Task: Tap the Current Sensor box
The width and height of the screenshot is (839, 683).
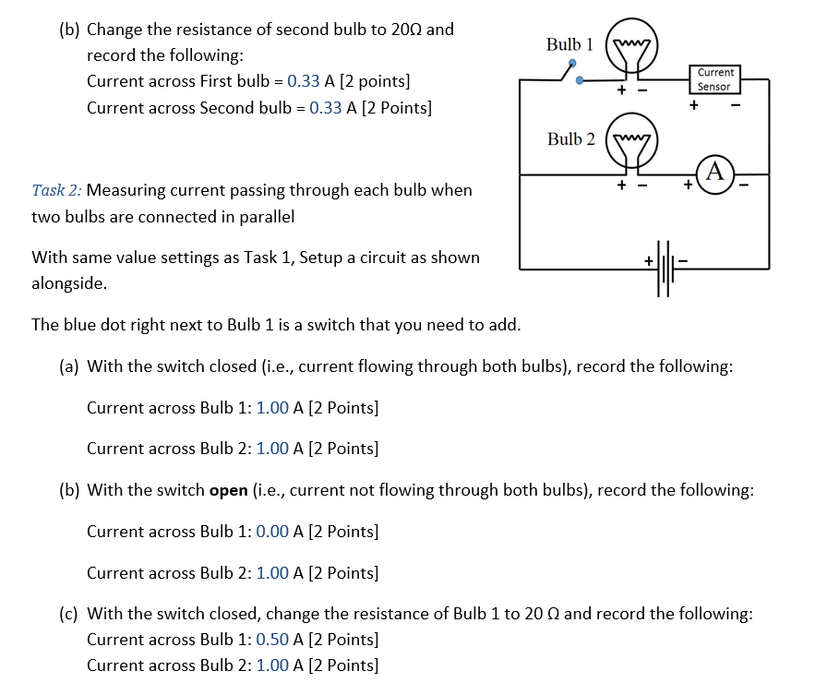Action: [714, 79]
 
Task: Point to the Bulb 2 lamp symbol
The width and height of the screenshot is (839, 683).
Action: [632, 146]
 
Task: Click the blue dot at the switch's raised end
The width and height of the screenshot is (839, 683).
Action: [572, 64]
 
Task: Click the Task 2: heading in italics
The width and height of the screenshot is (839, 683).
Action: [56, 190]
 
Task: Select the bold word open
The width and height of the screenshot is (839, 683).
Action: [228, 490]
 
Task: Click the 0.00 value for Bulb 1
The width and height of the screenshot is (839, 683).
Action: [272, 532]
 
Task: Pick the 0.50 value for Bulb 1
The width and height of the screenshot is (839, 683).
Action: [272, 640]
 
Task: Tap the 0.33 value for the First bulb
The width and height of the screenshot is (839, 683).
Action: [304, 81]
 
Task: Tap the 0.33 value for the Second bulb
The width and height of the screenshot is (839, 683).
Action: [326, 108]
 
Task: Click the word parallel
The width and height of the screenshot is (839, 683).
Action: [266, 218]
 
